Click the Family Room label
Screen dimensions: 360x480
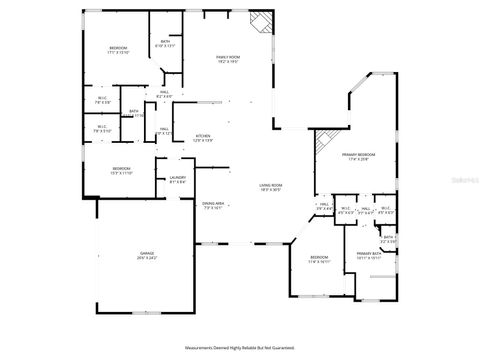229,60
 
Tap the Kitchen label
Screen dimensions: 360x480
203,138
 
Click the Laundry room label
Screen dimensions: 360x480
178,180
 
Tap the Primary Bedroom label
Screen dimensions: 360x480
357,157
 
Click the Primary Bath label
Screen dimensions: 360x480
370,256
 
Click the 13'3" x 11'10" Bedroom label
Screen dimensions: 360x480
122,170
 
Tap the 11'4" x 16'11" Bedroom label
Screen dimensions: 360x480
319,259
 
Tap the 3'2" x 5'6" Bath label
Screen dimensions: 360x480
389,239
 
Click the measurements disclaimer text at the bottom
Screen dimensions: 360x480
240,348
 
